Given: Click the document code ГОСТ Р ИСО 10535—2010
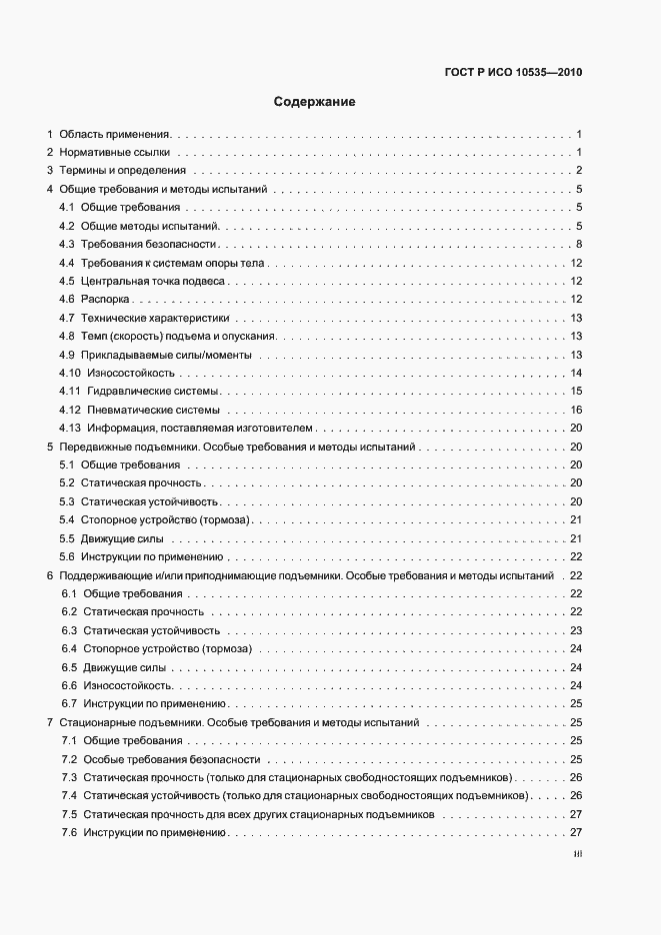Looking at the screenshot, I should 512,72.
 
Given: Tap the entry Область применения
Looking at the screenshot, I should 116,134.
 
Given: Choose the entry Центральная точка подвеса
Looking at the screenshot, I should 154,282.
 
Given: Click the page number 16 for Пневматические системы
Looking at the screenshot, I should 576,411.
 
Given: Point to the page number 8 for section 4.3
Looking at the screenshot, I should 579,245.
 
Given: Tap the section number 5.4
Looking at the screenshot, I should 67,520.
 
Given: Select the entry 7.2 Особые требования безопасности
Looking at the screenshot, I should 165,759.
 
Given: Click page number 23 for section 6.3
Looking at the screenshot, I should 576,630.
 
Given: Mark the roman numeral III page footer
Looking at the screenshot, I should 577,855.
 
